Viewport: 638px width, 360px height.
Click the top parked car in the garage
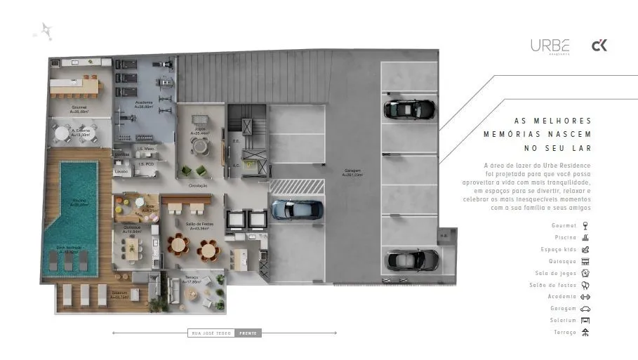click(409, 109)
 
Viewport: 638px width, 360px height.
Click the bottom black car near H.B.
click(413, 260)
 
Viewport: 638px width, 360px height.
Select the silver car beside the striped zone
click(298, 208)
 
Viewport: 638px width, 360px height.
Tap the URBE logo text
click(550, 46)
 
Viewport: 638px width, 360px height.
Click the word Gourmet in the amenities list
click(564, 225)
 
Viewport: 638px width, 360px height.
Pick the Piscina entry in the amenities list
click(565, 237)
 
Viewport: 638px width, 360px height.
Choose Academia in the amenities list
click(563, 296)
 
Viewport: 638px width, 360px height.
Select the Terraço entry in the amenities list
click(564, 332)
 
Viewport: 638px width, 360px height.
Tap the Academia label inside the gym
click(143, 104)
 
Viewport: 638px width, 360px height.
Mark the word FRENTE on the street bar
click(248, 333)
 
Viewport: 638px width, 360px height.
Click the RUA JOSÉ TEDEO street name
click(211, 333)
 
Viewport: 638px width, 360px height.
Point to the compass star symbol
click(46, 31)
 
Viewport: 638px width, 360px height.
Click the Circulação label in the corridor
click(197, 186)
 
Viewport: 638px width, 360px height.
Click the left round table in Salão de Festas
click(178, 245)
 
